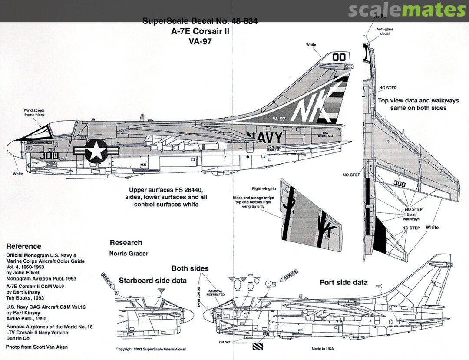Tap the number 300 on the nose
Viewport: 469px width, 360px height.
pos(49,155)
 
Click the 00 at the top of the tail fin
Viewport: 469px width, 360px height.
pos(339,57)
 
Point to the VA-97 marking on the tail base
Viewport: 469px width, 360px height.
pos(280,118)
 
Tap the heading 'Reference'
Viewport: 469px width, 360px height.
pos(23,246)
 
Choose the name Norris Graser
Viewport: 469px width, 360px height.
pos(129,254)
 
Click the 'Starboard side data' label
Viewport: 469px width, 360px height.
pos(153,281)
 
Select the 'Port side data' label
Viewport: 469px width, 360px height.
pos(343,282)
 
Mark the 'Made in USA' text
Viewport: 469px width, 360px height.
pos(323,349)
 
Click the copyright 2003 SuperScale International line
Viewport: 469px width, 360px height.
pos(151,349)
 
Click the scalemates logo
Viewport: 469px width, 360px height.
pos(407,10)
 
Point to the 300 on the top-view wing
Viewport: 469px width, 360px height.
pos(399,184)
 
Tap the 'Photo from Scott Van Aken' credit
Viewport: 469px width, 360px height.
pos(37,347)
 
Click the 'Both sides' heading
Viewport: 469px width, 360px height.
pos(190,268)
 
